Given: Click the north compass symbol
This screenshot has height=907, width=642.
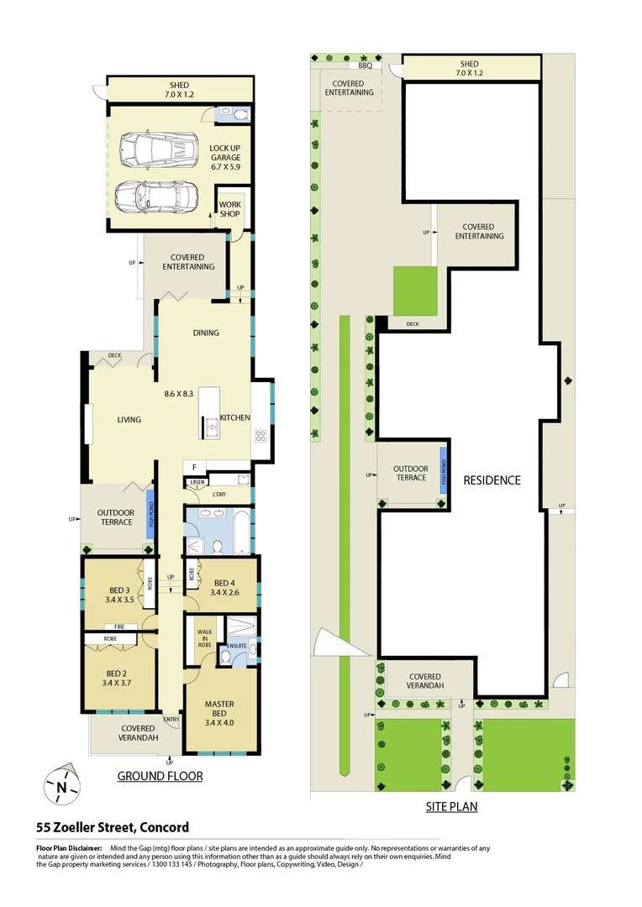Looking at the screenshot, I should (x=61, y=786).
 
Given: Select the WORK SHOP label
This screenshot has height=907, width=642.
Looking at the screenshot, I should (x=229, y=209).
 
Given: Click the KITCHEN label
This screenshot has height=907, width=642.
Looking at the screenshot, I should (x=235, y=417).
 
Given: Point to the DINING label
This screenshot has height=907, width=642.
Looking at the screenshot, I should (x=206, y=333).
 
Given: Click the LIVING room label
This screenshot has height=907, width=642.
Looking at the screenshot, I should (x=129, y=420).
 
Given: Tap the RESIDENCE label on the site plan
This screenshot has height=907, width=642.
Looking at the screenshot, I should (x=492, y=480).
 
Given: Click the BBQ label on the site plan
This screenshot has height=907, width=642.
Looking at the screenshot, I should (x=365, y=65).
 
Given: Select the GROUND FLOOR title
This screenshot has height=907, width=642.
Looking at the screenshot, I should (x=160, y=776).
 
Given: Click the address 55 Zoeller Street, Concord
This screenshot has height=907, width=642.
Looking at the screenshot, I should (x=113, y=827).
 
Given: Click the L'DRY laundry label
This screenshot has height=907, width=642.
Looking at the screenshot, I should (x=220, y=495).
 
